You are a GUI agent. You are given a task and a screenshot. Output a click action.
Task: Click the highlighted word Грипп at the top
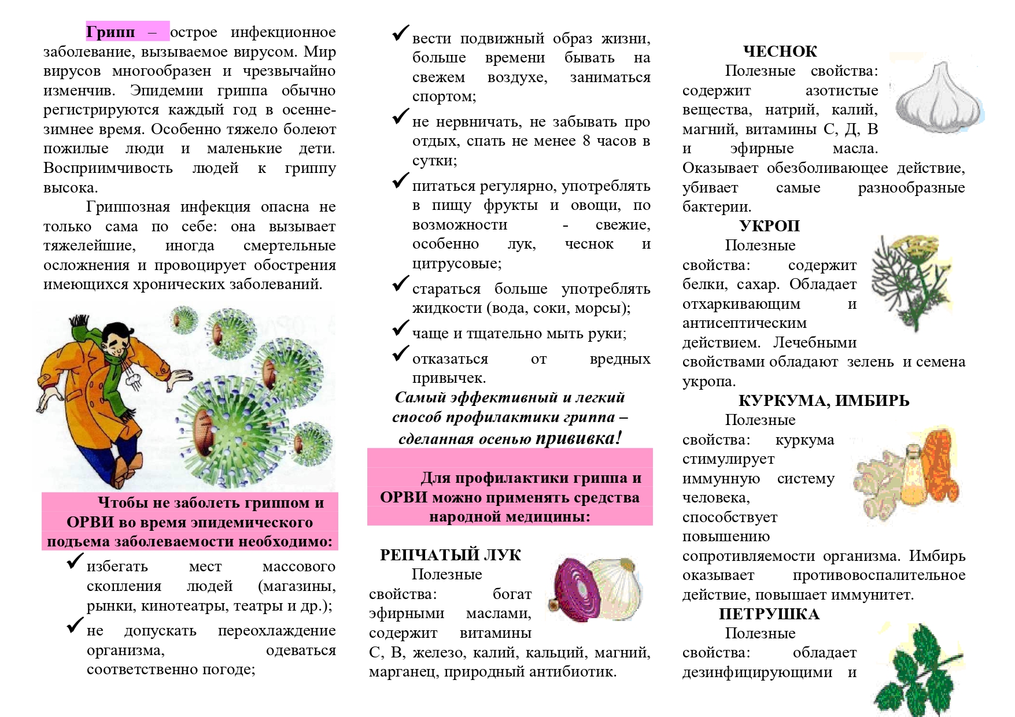[x=110, y=32]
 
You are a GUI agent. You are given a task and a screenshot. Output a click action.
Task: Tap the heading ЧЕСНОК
[x=780, y=51]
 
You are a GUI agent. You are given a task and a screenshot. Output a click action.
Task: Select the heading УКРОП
[x=769, y=226]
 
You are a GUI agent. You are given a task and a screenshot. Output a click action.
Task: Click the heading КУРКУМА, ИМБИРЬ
[x=824, y=401]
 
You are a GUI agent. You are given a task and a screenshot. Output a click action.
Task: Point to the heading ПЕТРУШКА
[x=769, y=614]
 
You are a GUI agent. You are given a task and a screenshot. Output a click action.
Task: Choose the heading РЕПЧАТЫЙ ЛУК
[x=450, y=555]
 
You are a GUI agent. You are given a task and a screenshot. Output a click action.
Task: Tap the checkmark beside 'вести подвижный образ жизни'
[x=400, y=34]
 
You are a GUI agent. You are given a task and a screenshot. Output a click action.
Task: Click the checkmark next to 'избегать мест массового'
[x=75, y=561]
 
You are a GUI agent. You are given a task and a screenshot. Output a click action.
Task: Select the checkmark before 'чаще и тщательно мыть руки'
[x=400, y=328]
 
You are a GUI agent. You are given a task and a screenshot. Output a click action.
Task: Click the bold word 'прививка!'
[x=578, y=438]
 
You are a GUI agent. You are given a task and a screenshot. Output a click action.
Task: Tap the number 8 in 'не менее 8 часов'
[x=586, y=141]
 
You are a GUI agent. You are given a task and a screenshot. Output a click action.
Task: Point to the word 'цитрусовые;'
[x=457, y=264]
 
